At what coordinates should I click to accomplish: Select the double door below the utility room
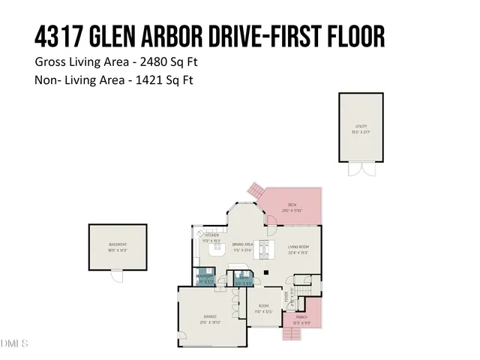[359, 169]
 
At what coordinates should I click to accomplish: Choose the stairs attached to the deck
[256, 190]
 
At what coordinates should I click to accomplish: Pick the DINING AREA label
[242, 244]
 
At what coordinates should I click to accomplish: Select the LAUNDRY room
[205, 277]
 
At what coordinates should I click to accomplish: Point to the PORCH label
[301, 317]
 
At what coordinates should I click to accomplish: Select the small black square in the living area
[265, 272]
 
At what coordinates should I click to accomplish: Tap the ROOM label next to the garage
[264, 306]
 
